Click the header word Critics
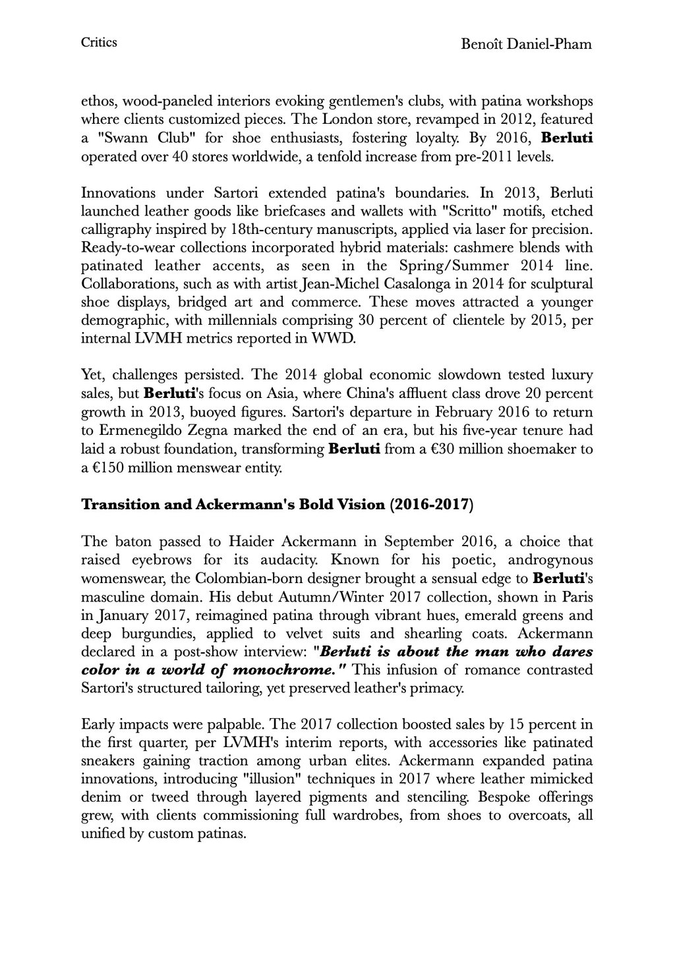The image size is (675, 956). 99,43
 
